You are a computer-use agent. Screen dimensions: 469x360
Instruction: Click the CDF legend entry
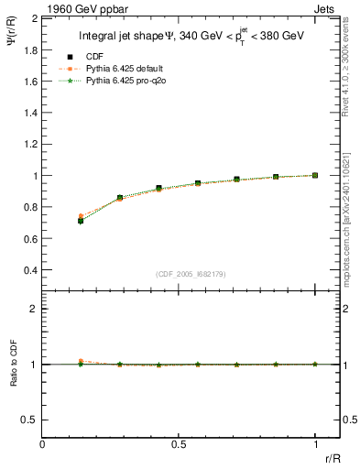93,57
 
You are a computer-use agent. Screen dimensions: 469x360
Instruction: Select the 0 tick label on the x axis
42,444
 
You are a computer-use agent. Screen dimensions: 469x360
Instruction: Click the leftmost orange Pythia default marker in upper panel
81,216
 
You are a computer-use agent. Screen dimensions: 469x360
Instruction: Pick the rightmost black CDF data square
315,175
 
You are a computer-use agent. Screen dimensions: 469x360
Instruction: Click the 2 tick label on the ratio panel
32,310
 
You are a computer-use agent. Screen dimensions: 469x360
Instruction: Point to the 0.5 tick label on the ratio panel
29,420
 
